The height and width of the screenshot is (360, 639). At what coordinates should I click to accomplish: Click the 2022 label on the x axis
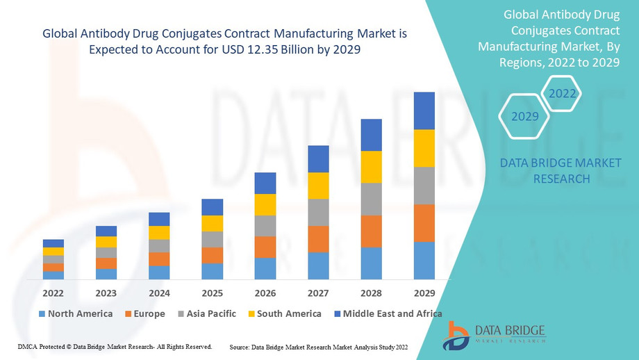click(x=53, y=293)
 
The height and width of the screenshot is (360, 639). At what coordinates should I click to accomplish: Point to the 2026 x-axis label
click(x=265, y=293)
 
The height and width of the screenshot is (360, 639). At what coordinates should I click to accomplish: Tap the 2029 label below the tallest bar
click(x=424, y=293)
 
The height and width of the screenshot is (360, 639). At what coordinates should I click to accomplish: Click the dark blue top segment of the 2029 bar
click(x=424, y=111)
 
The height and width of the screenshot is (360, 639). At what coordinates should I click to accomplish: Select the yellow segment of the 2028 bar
click(x=371, y=167)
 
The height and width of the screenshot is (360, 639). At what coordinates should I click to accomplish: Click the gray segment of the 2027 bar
click(x=318, y=212)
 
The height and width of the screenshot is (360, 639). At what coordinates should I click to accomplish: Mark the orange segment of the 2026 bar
click(x=265, y=247)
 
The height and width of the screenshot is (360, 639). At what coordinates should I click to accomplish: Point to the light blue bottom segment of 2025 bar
click(x=212, y=271)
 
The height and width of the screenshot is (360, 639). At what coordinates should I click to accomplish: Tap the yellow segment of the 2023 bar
click(x=106, y=242)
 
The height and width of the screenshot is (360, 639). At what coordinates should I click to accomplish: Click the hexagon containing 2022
click(x=561, y=93)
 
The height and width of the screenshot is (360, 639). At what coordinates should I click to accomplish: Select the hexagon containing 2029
click(x=525, y=116)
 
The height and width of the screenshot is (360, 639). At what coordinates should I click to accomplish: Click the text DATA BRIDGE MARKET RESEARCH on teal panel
click(x=561, y=171)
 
